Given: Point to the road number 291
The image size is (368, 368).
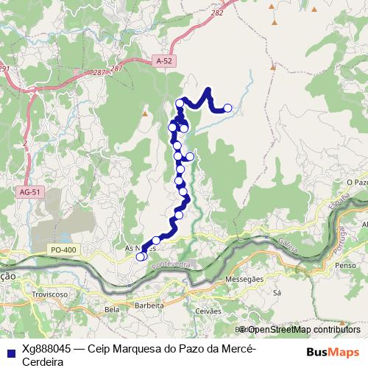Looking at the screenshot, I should tap(4, 69).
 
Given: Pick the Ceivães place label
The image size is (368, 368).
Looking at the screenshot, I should tap(208, 311).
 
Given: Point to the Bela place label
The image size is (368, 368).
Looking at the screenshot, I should tap(113, 310).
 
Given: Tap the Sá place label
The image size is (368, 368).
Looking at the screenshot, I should tap(277, 292).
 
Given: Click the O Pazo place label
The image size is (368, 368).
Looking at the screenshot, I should tap(355, 180).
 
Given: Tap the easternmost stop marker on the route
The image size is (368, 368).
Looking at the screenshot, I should tap(227, 108).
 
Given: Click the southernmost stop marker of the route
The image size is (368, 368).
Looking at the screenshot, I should tap(141, 257).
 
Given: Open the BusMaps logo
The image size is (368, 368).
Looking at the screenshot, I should tap(333, 352).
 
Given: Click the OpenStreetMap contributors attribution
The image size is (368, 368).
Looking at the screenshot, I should tap(302, 330).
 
